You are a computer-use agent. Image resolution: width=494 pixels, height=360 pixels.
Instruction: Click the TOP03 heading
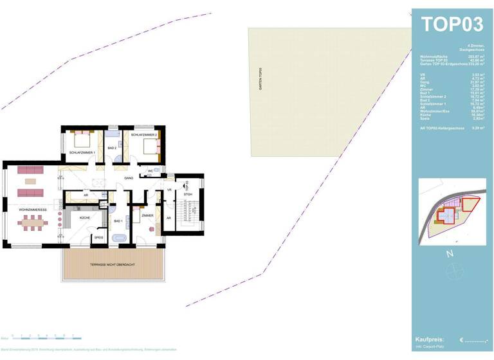click(x=452, y=24)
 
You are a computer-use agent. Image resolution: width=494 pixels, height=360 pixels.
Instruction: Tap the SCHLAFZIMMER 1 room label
click(x=82, y=152)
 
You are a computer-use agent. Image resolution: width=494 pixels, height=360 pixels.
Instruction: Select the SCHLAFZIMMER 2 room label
click(x=144, y=135)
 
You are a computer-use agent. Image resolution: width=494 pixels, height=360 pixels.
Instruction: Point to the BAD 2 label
click(x=111, y=148)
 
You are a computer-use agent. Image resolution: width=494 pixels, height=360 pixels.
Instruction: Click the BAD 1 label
click(x=118, y=221)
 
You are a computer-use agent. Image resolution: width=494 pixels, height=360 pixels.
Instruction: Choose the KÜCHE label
click(x=85, y=218)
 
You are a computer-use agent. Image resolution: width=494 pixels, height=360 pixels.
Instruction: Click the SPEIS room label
click(x=98, y=237)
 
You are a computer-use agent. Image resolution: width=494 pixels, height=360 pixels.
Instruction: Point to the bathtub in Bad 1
click(x=118, y=239)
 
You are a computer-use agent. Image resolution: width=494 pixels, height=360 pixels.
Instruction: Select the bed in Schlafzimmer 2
click(x=151, y=147)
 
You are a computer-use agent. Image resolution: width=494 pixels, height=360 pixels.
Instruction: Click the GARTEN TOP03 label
click(x=261, y=79)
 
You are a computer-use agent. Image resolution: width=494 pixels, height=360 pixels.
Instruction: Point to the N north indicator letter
click(x=450, y=253)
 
